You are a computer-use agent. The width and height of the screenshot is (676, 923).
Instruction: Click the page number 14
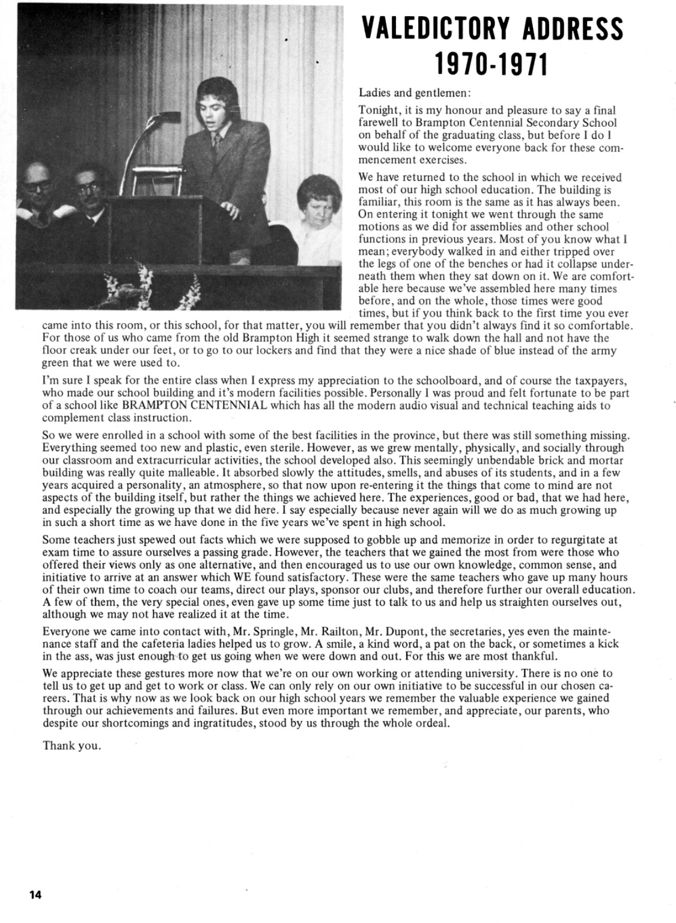tap(35, 895)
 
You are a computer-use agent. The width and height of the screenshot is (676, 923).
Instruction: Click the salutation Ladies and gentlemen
tap(415, 93)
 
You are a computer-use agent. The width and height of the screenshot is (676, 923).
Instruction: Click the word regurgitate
tap(577, 540)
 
